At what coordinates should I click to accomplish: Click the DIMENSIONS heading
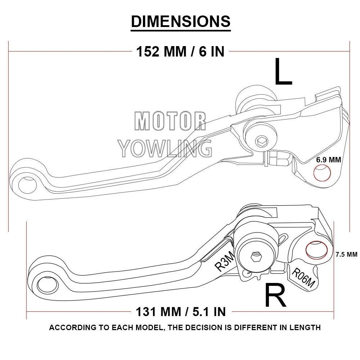coord(180,22)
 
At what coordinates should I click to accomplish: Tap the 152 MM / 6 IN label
coord(180,52)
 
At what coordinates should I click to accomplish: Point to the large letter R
coord(275,295)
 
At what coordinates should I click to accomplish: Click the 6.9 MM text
coord(328,159)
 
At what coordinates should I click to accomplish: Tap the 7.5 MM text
coord(346,254)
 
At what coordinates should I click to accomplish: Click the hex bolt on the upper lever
coord(261,141)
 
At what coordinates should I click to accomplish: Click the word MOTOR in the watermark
coord(170,121)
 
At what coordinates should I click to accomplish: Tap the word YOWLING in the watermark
coord(165,148)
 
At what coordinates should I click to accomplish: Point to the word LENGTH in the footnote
coord(306,328)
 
